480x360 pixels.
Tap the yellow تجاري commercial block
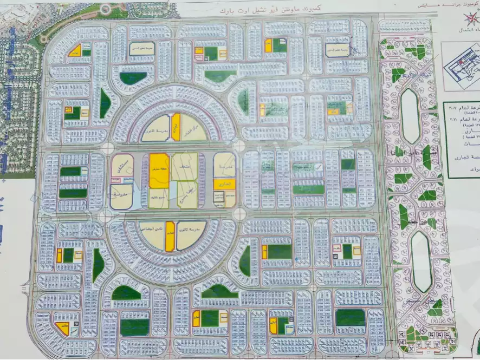point(224,184)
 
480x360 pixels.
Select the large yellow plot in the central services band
point(159,171)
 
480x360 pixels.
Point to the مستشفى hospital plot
point(122,168)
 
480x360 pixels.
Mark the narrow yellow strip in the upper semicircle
point(176,127)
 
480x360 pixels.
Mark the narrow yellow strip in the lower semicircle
point(170,237)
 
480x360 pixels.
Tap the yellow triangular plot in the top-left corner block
point(75,51)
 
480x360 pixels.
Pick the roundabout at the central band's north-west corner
point(107,148)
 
